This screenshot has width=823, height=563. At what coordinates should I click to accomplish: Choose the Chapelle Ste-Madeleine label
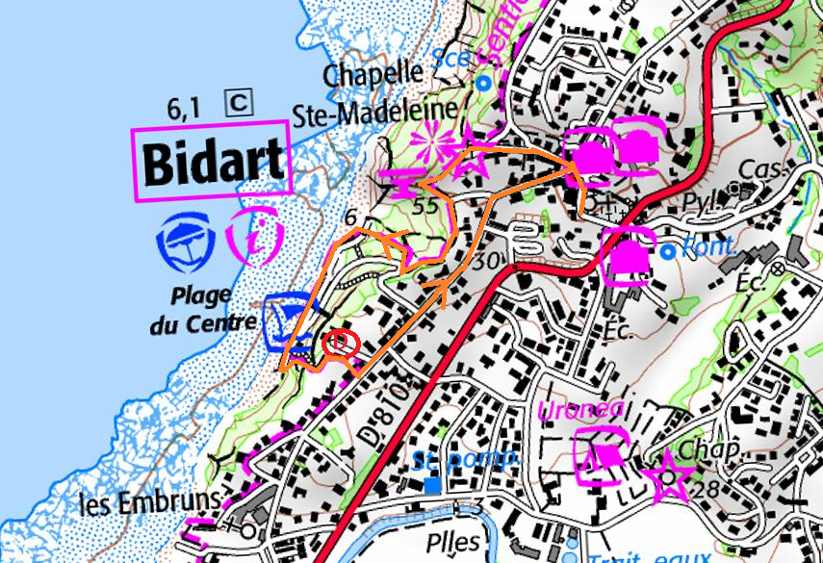(390, 92)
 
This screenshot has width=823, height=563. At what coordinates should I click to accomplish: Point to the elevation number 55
(424, 206)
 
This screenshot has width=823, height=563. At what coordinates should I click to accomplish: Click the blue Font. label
(707, 249)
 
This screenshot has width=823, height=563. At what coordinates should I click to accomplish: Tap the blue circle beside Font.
(669, 252)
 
